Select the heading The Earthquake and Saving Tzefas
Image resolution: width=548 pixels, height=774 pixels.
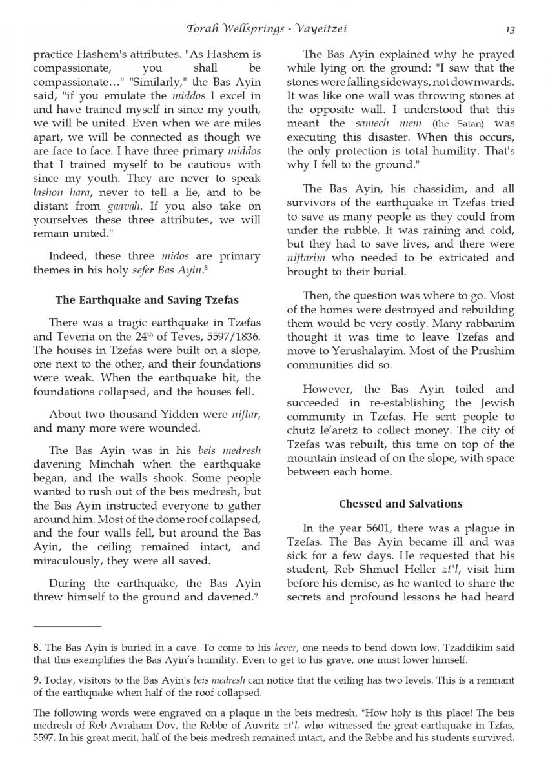pyautogui.click(x=147, y=300)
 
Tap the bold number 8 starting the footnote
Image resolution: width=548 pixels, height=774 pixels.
pyautogui.click(x=36, y=647)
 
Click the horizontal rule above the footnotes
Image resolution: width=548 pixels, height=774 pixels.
pyautogui.click(x=67, y=626)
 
